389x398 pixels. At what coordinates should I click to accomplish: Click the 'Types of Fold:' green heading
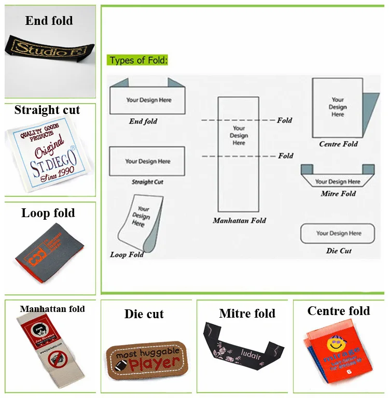point(138,60)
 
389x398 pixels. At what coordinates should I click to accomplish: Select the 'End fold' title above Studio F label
point(49,21)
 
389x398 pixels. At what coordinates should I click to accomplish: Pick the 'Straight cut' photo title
point(47,110)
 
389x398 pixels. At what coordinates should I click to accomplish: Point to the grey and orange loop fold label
point(48,250)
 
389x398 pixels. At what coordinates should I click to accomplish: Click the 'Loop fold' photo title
point(48,213)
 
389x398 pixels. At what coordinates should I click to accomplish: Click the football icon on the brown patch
point(118,364)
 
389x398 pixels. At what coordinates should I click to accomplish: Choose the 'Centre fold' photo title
point(339,311)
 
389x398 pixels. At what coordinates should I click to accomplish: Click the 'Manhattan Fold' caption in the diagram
point(239,221)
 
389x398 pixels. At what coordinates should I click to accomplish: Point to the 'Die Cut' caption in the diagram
point(338,251)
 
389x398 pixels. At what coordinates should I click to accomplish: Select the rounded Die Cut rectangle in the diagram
point(338,234)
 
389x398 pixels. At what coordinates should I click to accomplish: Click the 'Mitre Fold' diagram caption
point(338,194)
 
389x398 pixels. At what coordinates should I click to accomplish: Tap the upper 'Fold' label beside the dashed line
point(285,120)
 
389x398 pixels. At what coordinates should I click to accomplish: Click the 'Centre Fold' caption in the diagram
point(338,144)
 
